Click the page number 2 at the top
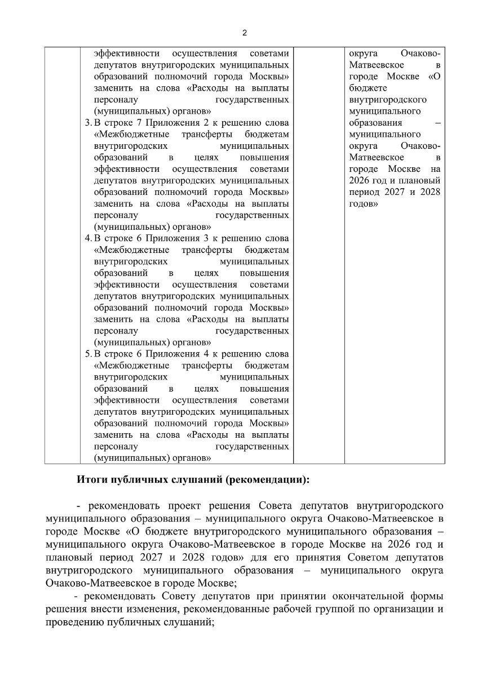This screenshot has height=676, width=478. [244, 33]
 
